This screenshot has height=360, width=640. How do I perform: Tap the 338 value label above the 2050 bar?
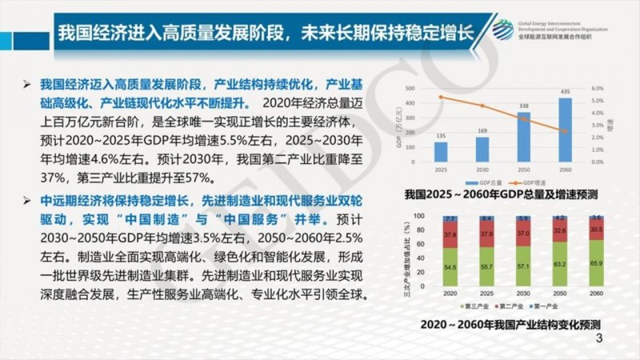(x=524, y=106)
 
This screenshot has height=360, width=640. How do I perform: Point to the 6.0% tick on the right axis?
(x=597, y=89)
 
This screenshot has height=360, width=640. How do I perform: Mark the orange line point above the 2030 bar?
(x=482, y=106)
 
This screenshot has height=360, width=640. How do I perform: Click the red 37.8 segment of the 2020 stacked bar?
(x=450, y=236)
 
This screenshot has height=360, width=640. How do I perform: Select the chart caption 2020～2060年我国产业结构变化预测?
(x=511, y=326)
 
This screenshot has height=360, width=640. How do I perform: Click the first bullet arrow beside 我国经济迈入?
(x=28, y=84)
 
